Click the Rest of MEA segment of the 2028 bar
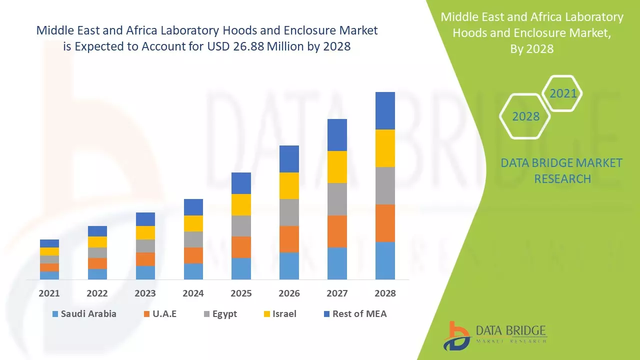[385, 110]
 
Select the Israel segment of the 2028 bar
[385, 148]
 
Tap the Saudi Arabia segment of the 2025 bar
[241, 268]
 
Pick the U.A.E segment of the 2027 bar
[337, 231]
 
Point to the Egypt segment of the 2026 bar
[289, 212]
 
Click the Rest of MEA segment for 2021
[49, 243]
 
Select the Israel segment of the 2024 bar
[193, 223]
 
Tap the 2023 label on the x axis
[145, 293]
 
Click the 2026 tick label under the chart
[289, 293]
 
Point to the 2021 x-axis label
[49, 293]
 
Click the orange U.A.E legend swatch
[146, 314]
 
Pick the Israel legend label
[284, 314]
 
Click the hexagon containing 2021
[562, 93]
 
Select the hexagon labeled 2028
[525, 116]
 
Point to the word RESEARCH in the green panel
[562, 178]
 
